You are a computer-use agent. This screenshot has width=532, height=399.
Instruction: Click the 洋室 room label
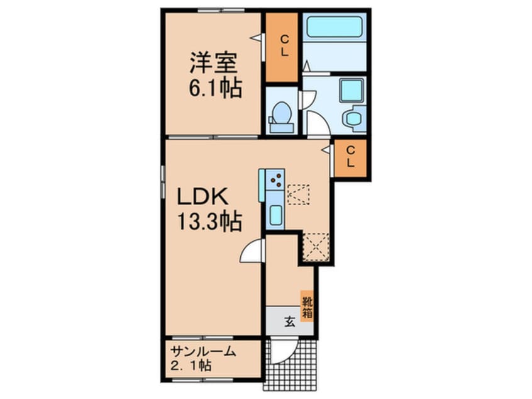pos(214,64)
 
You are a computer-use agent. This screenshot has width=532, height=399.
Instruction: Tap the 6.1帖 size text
pos(214,89)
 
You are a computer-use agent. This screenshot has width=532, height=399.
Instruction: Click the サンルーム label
pos(202,352)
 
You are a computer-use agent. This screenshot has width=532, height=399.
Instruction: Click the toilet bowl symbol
pos(280,116)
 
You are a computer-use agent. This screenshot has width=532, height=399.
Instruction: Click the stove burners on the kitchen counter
pos(275,181)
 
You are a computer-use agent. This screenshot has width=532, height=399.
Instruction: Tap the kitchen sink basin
pos(275,215)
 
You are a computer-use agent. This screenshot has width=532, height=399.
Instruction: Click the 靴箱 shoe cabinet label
pos(307,305)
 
